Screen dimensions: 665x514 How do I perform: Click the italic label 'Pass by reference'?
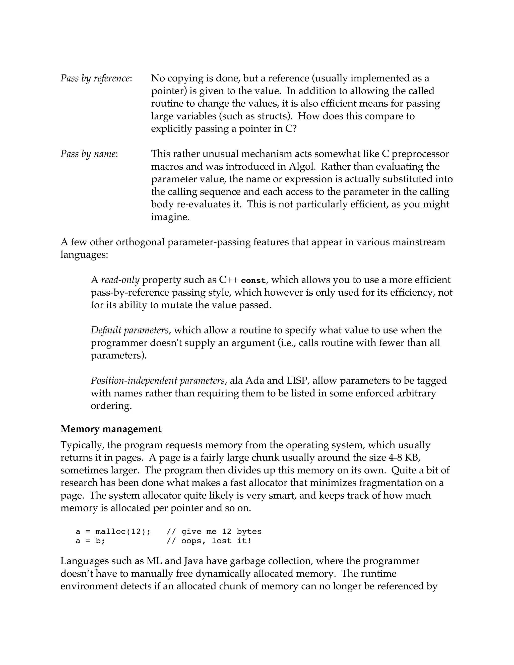coord(96,79)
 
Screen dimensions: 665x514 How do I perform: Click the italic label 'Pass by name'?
coord(89,154)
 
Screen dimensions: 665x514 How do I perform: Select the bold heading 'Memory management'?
coord(111,429)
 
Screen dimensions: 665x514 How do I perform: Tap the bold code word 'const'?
coord(253,281)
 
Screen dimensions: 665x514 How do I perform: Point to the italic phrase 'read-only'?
coord(120,280)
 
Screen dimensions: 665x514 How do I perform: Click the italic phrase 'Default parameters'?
coord(130,330)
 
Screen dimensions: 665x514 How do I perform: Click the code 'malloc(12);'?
coord(123,532)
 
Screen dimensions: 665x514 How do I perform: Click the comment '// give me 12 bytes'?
coord(214,532)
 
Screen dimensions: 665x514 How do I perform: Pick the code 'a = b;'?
coord(90,541)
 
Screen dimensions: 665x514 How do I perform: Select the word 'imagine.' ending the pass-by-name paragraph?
coord(170,217)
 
